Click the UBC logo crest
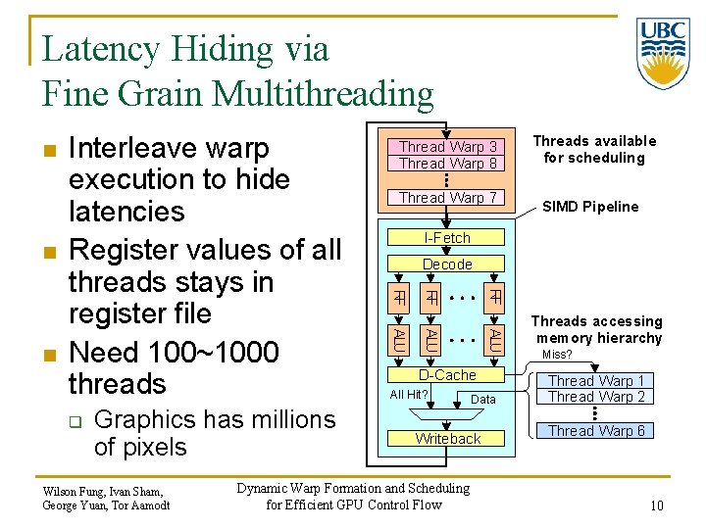pos(663,53)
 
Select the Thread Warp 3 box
pos(448,147)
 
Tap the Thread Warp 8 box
pos(448,164)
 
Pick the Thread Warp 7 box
pos(448,198)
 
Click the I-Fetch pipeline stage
pos(447,238)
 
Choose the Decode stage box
pos(447,264)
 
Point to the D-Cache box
pos(447,375)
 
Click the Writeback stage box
pos(447,439)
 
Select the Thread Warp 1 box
pos(596,381)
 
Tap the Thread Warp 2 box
pos(596,397)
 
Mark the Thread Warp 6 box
pos(596,431)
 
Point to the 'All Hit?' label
pos(409,395)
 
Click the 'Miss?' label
pos(557,355)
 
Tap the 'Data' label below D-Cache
pos(483,400)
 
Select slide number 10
pos(656,505)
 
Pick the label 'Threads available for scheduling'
pos(594,149)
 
